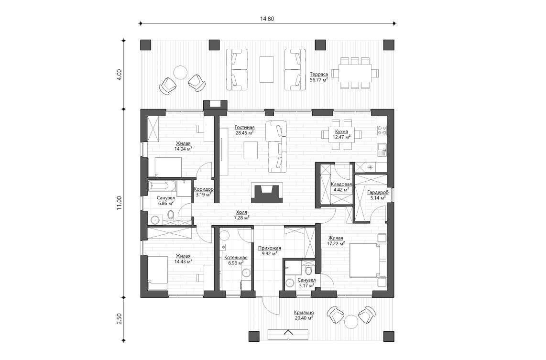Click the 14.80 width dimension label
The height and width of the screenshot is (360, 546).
[x=267, y=19]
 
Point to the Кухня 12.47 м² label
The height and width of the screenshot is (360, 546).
[x=341, y=134]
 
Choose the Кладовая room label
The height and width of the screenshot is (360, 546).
[x=341, y=186]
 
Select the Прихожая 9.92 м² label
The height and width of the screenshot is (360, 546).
[x=269, y=251]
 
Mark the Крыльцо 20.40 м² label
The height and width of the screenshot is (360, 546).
[x=304, y=315]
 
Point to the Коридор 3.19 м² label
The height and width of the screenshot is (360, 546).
[x=203, y=192]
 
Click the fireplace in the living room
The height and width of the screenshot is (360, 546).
[x=266, y=193]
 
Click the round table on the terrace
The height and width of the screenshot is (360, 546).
[x=180, y=72]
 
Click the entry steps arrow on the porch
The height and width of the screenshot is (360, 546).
[x=288, y=333]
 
